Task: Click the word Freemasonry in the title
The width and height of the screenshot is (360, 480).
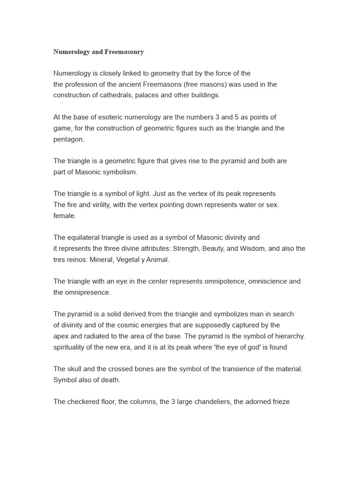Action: [124, 52]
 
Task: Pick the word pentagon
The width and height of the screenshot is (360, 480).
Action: [68, 139]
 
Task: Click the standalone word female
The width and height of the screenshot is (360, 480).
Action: [64, 216]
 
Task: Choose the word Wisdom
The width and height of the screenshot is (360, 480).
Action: [253, 248]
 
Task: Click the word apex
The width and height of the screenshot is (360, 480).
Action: [61, 336]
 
